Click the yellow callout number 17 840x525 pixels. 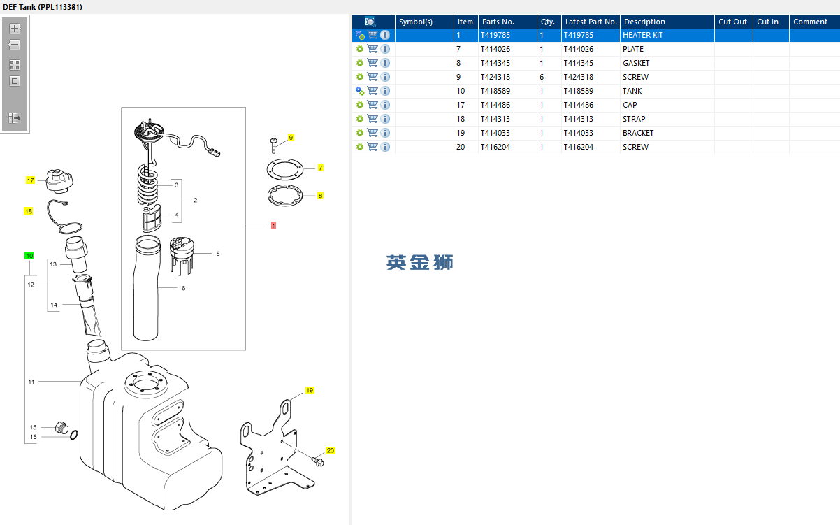30,180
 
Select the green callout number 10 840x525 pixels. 29,256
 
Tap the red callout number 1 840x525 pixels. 273,226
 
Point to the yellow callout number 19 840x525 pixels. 310,390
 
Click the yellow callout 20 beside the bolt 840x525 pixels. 331,451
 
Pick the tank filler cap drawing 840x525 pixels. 57,180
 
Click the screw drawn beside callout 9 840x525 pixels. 273,143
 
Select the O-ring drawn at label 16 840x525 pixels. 73,436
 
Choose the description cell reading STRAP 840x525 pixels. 634,119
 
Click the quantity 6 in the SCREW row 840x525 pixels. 542,77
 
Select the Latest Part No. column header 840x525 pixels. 591,22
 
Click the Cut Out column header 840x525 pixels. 732,22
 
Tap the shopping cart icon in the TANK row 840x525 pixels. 372,91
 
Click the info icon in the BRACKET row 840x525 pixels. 385,133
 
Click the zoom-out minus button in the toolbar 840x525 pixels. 15,45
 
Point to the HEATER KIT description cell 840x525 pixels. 642,35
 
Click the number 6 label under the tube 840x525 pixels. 183,288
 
